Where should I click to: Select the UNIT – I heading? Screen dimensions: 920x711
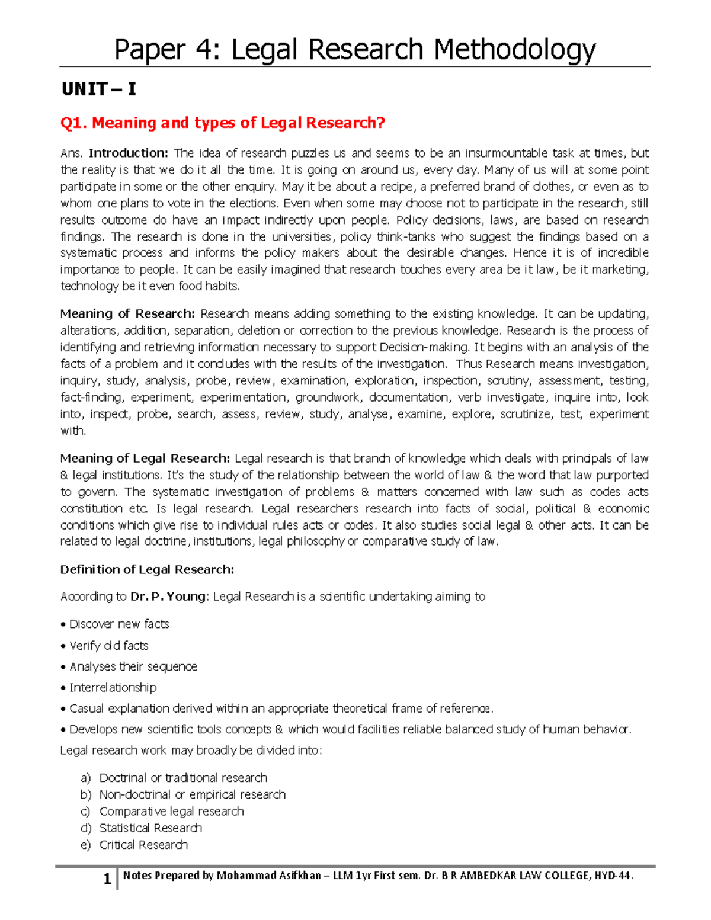tap(99, 89)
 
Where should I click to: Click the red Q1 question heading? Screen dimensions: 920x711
tap(223, 123)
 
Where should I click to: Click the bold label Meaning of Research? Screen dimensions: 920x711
tap(127, 314)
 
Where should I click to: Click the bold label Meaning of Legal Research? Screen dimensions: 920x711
tap(145, 459)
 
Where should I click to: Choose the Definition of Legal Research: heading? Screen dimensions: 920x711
tap(147, 570)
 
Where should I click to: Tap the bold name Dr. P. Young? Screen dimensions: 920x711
tap(168, 597)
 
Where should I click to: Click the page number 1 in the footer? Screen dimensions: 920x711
tap(107, 879)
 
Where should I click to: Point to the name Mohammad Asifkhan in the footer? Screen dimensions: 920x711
tap(268, 876)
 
